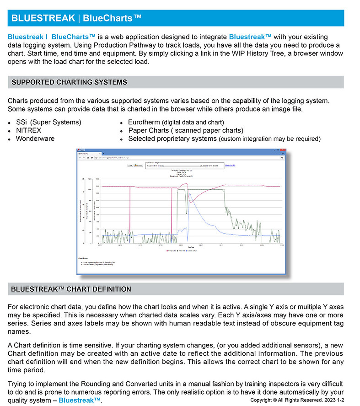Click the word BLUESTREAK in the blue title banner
pos(43,18)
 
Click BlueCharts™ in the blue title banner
pos(112,18)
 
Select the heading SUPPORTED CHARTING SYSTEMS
pos(69,82)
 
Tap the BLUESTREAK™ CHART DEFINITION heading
pos(71,289)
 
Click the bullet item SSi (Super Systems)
pos(48,123)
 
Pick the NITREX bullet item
pos(28,130)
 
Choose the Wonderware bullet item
pos(35,139)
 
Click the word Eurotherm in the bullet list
pos(144,123)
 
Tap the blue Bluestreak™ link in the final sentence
pos(80,401)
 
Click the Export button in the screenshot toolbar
pos(139,166)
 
